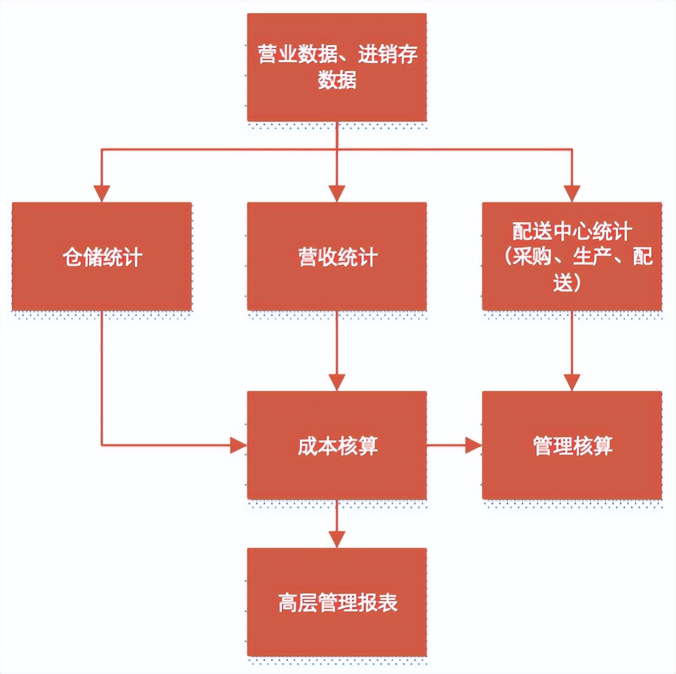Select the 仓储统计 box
tap(102, 256)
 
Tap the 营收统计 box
tap(336, 256)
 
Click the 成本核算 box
tap(336, 445)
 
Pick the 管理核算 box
tap(572, 445)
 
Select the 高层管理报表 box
tap(336, 602)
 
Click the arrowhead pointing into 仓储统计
tap(102, 193)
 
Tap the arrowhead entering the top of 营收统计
tap(336, 193)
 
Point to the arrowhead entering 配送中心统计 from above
tap(572, 193)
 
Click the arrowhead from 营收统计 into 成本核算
tap(336, 382)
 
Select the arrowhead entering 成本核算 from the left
tap(238, 445)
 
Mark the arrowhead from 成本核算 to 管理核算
tap(473, 445)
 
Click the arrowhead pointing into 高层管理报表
tap(336, 539)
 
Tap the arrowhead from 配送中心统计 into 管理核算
tap(572, 382)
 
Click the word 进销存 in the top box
tap(388, 54)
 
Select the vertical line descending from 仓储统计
tap(102, 379)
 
